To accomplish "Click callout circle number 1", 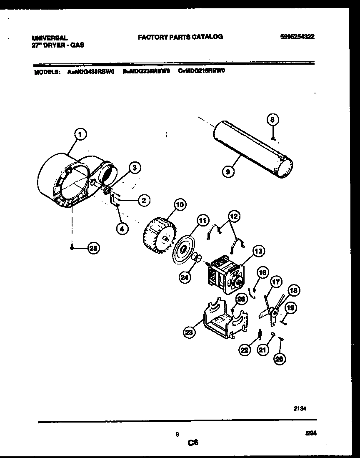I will click(80, 134).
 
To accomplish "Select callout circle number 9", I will click(228, 171).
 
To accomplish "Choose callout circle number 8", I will click(272, 120).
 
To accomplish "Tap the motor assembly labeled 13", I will click(225, 274).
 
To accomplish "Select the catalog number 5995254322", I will click(297, 37).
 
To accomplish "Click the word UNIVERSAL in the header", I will click(50, 38).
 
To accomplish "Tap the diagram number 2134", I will click(300, 409).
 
